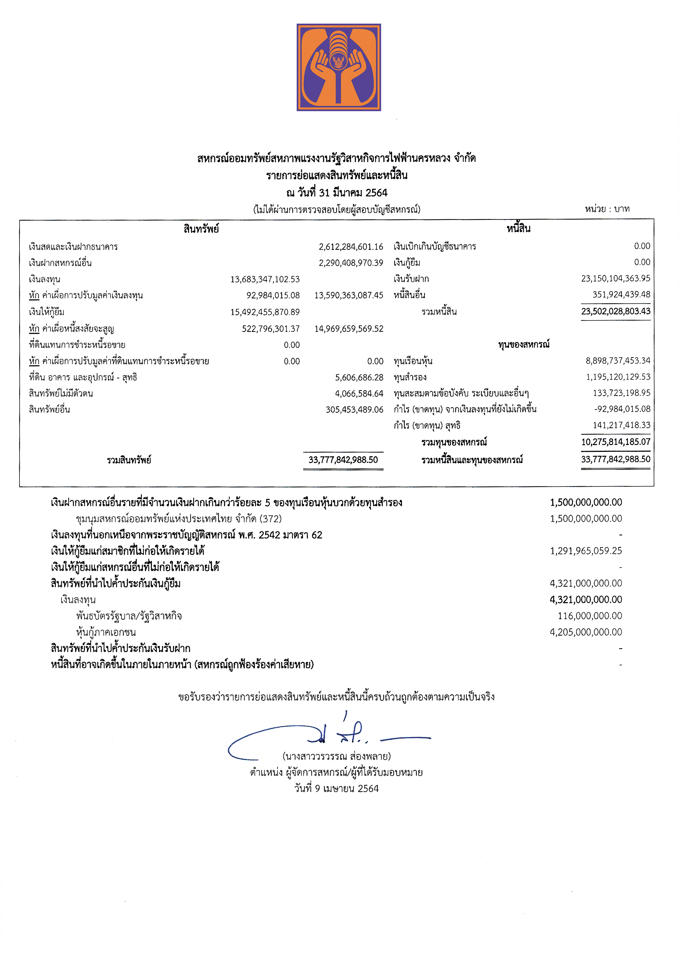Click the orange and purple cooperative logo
pos(339,67)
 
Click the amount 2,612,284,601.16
pos(351,247)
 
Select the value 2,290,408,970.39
pos(351,263)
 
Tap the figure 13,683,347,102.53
pos(265,279)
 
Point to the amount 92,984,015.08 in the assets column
pos(273,295)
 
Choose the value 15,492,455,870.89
pos(265,312)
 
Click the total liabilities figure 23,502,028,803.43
pos(616,311)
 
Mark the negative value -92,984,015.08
pos(622,409)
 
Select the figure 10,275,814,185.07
pos(616,442)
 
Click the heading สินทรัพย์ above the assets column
pos(201,229)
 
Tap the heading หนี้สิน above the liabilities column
pos(518,229)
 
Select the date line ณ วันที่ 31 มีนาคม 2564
pos(337,193)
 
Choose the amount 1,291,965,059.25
pos(586,551)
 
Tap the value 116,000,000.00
pos(590,616)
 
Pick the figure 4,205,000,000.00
pos(586,632)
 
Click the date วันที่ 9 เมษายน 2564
pos(336,788)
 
